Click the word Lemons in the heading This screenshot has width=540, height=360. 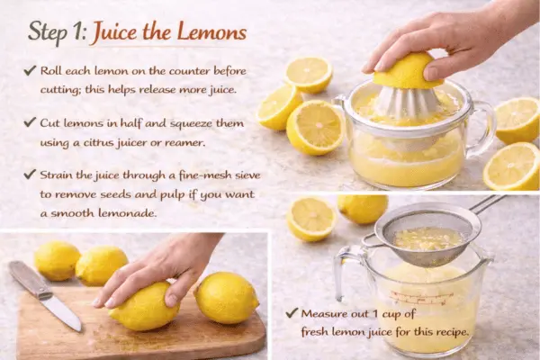pos(206,32)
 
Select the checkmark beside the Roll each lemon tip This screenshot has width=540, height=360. pos(31,71)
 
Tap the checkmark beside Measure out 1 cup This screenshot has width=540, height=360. pos(292,314)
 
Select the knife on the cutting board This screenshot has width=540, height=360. pos(46,292)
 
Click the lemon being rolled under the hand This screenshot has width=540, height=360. pos(144,306)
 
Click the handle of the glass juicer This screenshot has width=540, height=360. pos(483,126)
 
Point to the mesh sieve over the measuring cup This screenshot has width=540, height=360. pos(427,236)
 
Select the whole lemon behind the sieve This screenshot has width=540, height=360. pos(363,208)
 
